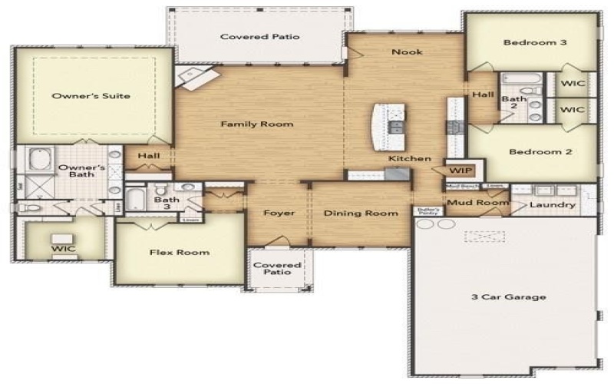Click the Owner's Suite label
click(x=90, y=96)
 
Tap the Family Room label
click(x=257, y=124)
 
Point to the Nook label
click(x=407, y=52)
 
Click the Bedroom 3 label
click(x=535, y=42)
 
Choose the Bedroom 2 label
click(x=540, y=152)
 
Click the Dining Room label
click(x=360, y=213)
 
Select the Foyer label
click(x=279, y=213)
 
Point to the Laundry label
click(x=553, y=205)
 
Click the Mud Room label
click(x=477, y=203)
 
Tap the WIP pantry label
click(x=460, y=170)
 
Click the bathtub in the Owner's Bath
click(x=39, y=161)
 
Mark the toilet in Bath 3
click(x=162, y=190)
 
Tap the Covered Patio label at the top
click(x=259, y=36)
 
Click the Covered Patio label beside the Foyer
click(x=278, y=269)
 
